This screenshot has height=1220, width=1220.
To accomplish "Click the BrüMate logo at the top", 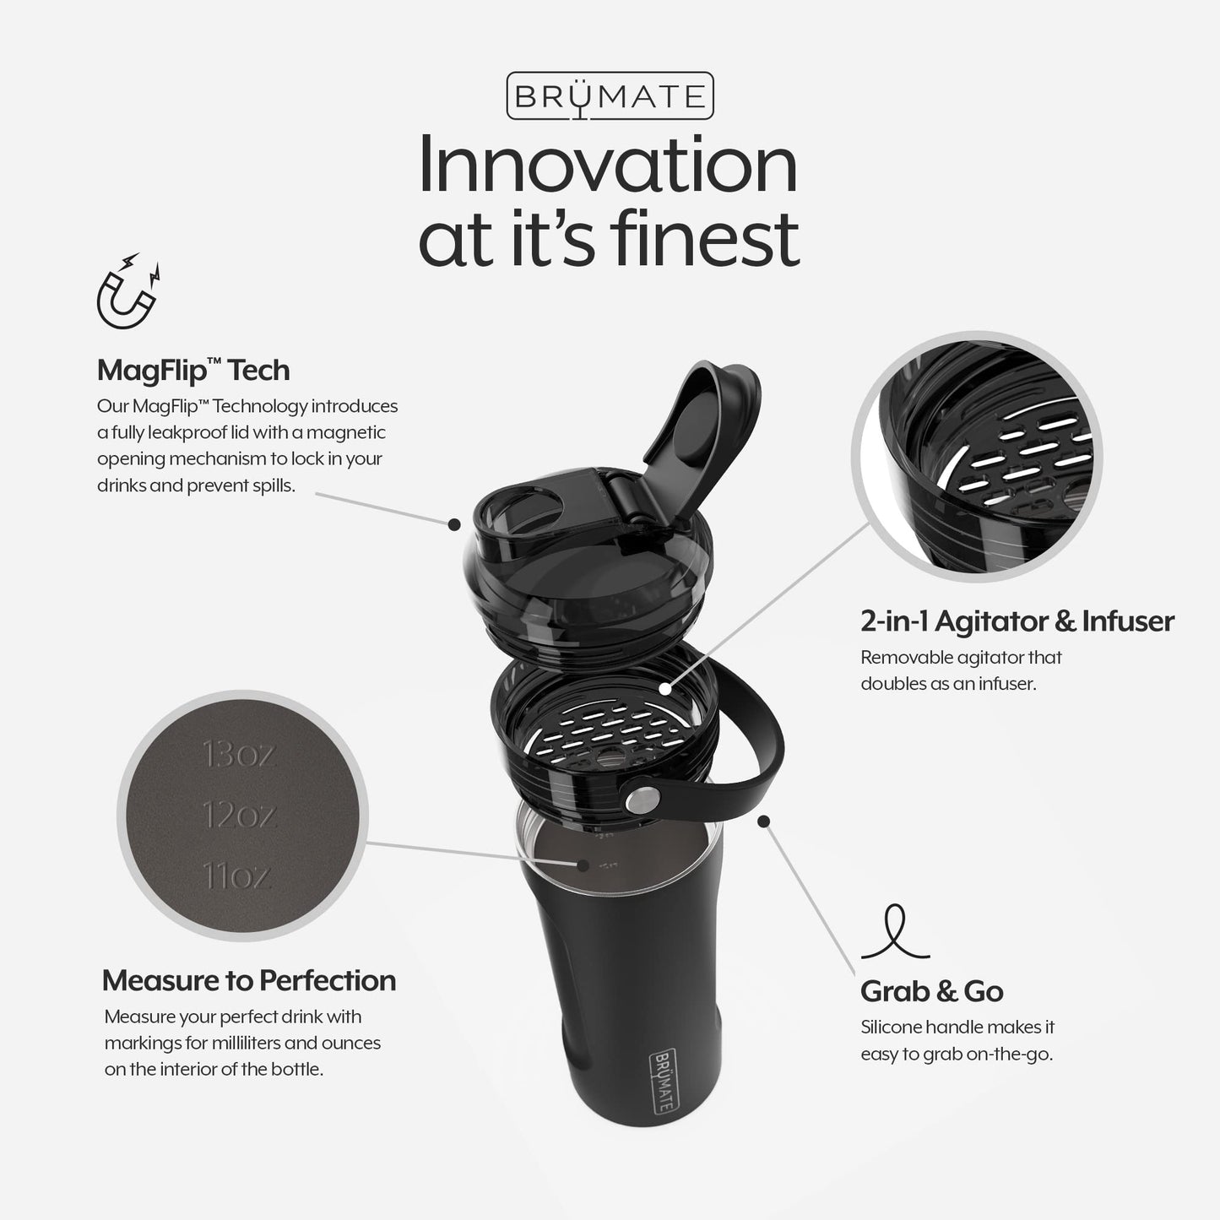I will tap(610, 95).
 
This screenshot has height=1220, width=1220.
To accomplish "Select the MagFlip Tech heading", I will tap(193, 370).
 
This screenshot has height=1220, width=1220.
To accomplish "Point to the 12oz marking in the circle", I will tap(239, 815).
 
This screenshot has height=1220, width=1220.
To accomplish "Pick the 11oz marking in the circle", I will tap(237, 876).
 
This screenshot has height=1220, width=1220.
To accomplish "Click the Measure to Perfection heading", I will tap(248, 980).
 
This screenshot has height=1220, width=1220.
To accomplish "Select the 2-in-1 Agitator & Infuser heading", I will tap(1017, 621).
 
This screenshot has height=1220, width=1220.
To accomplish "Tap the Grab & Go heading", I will tap(931, 990).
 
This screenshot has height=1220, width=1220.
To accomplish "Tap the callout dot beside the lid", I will tap(454, 524).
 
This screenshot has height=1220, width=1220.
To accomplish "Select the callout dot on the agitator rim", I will tap(665, 689).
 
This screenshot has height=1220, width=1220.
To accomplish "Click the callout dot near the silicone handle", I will tap(765, 820).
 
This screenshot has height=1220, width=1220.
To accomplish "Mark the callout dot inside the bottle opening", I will tap(582, 865).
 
